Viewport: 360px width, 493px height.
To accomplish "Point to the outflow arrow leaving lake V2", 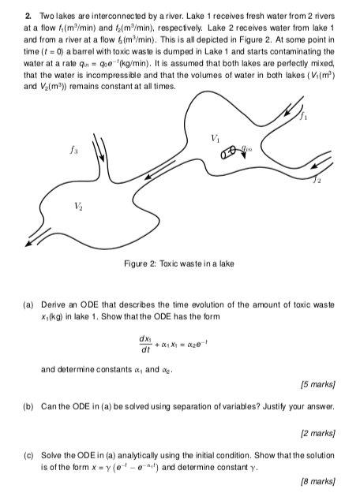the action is [36, 240].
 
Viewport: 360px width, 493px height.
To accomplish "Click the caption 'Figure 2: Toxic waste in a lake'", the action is [178, 262].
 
